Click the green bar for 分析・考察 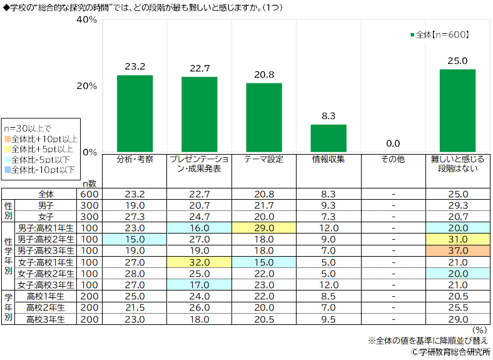[135, 113]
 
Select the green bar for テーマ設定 [264, 117]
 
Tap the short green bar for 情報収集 [328, 138]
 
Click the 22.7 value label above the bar [199, 68]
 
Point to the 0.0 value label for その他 [393, 143]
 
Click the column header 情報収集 [328, 160]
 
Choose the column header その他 [393, 160]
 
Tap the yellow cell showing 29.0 [264, 228]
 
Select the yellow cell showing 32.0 [199, 262]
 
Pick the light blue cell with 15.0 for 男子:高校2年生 [135, 239]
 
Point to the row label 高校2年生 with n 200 [46, 307]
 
